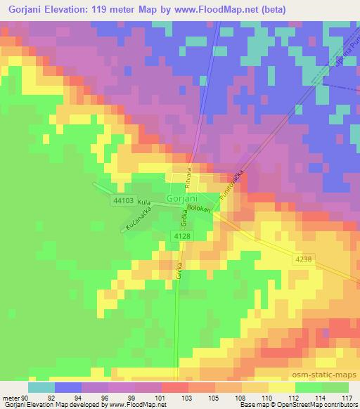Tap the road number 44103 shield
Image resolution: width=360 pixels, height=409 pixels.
pos(122,200)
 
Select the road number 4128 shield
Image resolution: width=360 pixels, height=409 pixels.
pos(182,236)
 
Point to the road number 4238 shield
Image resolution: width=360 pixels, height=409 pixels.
pos(304,260)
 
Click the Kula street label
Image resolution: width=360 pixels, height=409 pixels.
pos(145,212)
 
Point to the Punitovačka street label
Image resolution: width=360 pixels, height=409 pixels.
pos(233,186)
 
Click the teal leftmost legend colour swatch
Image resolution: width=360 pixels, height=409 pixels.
pos(41,387)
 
